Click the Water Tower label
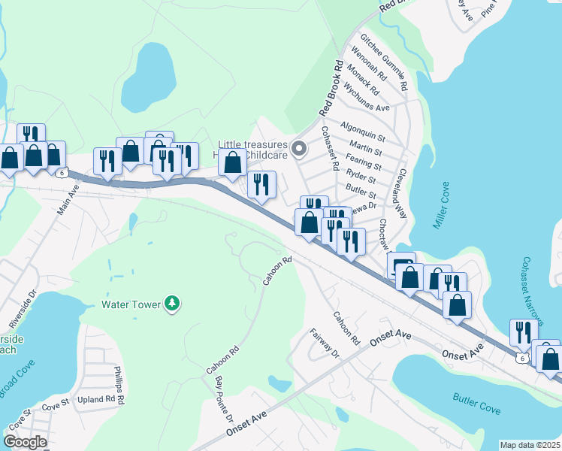[x=131, y=304]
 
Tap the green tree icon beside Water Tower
[x=174, y=303]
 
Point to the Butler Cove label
[x=476, y=403]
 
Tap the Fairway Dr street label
[x=325, y=343]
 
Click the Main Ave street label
[x=68, y=199]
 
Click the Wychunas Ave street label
[x=367, y=97]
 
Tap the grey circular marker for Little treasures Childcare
[x=298, y=148]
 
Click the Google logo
[x=26, y=442]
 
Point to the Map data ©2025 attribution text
[x=530, y=445]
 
